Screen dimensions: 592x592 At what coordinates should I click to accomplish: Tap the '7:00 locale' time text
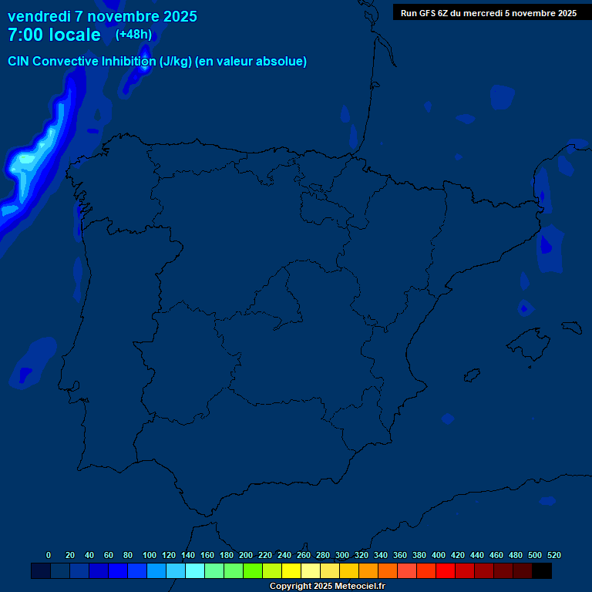point(54,35)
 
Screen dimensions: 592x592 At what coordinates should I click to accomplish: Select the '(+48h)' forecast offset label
point(133,34)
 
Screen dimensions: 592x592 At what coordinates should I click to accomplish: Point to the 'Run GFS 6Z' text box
point(488,13)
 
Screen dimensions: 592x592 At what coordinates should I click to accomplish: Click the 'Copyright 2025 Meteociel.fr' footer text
point(327,587)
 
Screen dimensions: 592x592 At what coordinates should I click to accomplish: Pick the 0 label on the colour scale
point(49,555)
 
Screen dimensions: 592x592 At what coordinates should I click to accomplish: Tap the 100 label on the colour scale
point(150,555)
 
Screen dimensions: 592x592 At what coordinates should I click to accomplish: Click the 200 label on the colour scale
point(246,555)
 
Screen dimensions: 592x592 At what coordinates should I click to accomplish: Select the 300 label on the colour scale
point(342,555)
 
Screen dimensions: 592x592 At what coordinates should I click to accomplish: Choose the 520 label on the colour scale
point(554,555)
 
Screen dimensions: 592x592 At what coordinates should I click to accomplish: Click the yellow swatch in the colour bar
point(291,571)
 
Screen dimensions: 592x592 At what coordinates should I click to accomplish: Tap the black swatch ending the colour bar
point(542,571)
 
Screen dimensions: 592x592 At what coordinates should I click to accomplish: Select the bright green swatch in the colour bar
point(253,571)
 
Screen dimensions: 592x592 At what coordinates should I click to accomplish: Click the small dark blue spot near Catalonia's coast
point(547,246)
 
